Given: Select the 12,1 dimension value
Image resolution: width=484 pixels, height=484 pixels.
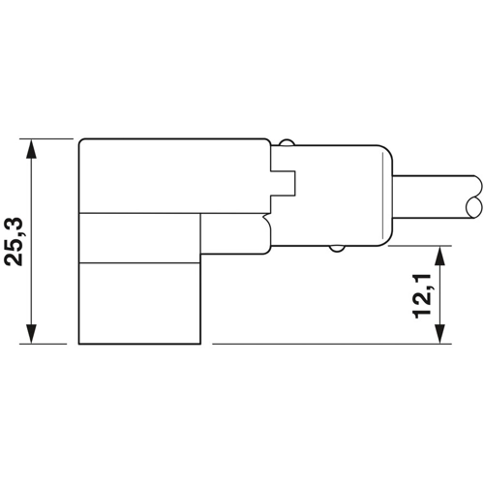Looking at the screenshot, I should pos(423,294).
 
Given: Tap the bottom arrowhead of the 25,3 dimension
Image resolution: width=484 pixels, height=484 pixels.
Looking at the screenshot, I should pos(34,335).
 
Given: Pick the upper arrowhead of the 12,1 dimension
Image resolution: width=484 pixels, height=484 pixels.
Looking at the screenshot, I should pos(441,254).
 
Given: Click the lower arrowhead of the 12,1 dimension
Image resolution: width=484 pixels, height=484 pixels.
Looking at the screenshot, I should pos(441,335).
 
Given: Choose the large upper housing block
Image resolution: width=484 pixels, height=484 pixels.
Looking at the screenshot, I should pos(174,175).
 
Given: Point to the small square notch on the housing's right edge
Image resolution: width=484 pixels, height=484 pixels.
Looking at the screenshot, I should pos(284,185).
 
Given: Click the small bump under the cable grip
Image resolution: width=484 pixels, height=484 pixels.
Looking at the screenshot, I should pos(336,249).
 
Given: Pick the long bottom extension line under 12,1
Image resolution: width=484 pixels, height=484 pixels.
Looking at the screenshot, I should pos(329,344).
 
